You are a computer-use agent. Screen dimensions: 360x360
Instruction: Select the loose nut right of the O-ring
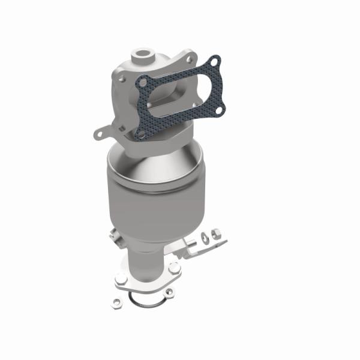point(169,292)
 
